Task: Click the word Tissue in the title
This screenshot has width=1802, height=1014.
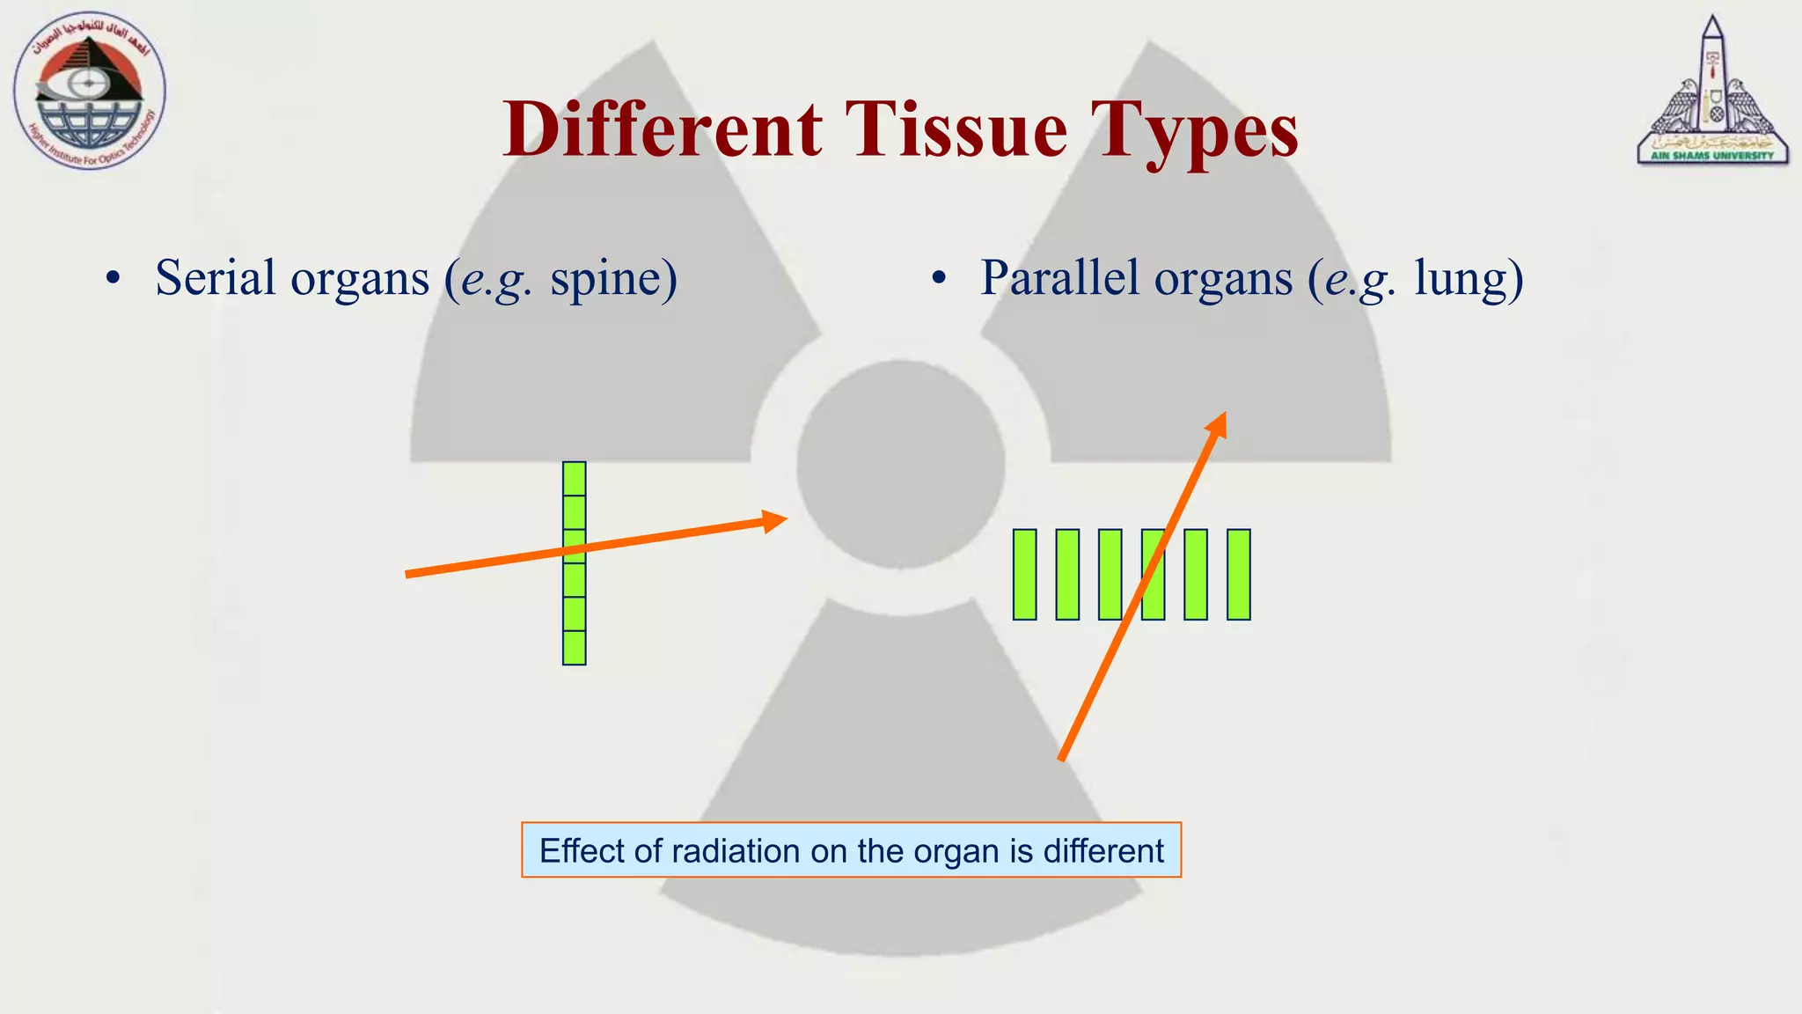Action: pyautogui.click(x=956, y=129)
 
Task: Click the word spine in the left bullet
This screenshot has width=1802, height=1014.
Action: pyautogui.click(x=614, y=279)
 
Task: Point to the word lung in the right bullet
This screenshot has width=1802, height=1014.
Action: pyautogui.click(x=1468, y=280)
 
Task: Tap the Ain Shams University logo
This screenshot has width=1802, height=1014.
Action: pyautogui.click(x=1712, y=92)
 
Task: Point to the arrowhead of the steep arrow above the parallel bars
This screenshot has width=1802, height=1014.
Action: pyautogui.click(x=1217, y=425)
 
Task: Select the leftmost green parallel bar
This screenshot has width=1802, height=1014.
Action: pyautogui.click(x=1024, y=575)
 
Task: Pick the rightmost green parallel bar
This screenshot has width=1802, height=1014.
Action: pyautogui.click(x=1238, y=575)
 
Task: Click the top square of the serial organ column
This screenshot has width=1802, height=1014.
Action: pyautogui.click(x=574, y=479)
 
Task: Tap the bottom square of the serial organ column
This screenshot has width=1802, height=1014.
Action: pyautogui.click(x=574, y=648)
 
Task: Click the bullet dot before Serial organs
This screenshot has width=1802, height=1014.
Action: pyautogui.click(x=112, y=279)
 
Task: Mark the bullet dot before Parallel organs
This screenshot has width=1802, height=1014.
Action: pyautogui.click(x=939, y=279)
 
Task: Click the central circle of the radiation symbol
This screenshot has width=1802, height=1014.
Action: pyautogui.click(x=900, y=464)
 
